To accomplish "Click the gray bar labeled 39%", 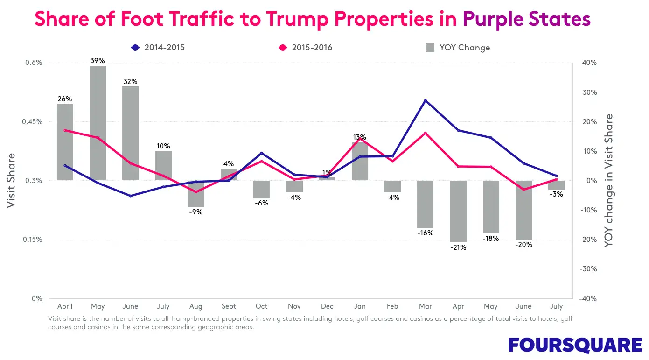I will [98, 123].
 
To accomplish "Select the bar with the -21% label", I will [458, 211].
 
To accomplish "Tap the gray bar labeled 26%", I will [65, 142].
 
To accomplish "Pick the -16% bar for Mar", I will [426, 204].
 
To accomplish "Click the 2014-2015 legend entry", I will [158, 48].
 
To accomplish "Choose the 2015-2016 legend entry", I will [305, 48].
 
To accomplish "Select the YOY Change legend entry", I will [458, 48].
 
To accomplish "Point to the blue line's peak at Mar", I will [426, 100].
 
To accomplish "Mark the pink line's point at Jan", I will [360, 139].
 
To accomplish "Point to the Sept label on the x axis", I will [229, 306].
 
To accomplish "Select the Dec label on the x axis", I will [327, 306].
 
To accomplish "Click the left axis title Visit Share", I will [11, 181].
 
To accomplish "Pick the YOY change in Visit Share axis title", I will [609, 181].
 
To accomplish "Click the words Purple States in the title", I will [527, 19].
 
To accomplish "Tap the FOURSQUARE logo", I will [575, 345].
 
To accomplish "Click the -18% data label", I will [491, 239].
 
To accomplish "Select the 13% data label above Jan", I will [359, 137].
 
